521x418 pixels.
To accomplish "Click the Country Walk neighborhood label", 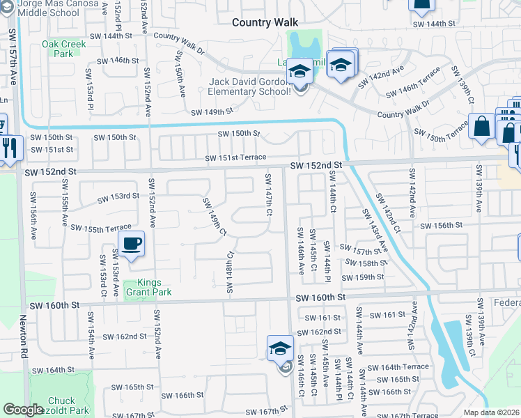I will coord(265,22).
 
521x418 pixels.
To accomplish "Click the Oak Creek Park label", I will coord(63,49).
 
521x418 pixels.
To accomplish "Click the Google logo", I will coord(23,410).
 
